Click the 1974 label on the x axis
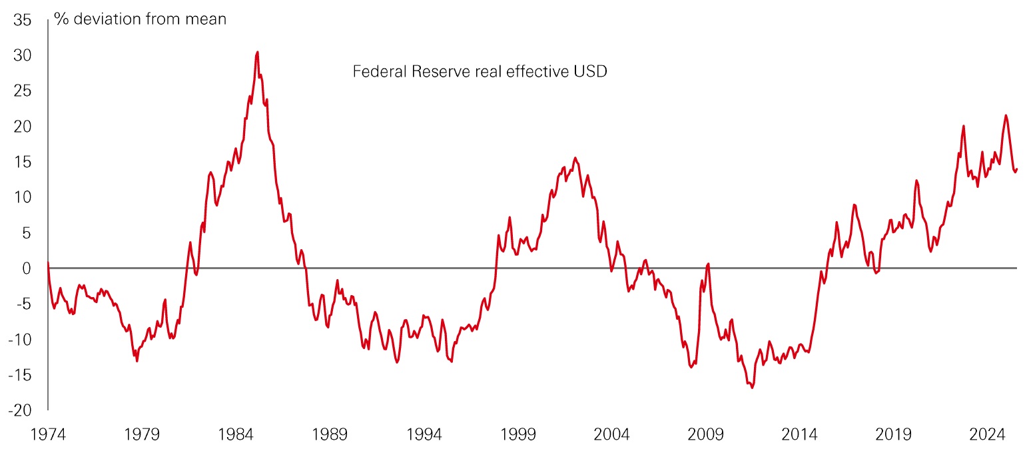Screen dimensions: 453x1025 [x=48, y=435]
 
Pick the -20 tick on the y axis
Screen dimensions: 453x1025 [x=20, y=410]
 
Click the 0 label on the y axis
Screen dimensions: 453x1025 [x=27, y=268]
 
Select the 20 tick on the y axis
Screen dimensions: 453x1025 [x=23, y=126]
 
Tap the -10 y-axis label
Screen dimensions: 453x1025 [x=20, y=340]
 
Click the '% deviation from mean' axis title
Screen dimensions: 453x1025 [x=140, y=19]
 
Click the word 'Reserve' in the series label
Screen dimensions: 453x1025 [x=437, y=71]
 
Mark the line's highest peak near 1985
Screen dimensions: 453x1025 [x=257, y=52]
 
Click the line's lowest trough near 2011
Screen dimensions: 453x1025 [x=752, y=387]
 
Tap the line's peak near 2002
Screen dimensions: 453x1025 [x=575, y=158]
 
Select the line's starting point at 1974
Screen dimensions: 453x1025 [x=48, y=262]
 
